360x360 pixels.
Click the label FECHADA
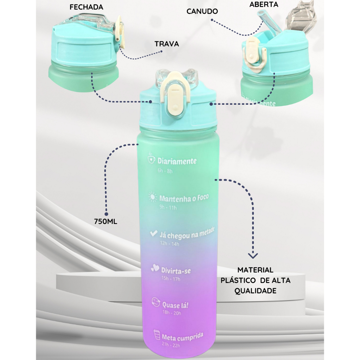pos(86,7)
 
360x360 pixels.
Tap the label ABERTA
pos(264,4)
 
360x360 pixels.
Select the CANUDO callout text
pos(202,11)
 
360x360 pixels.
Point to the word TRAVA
pos(166,44)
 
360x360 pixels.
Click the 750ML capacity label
pos(105,221)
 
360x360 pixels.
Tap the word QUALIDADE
pos(255,291)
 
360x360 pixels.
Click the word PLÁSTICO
pos(238,280)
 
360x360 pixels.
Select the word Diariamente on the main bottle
pos(177,161)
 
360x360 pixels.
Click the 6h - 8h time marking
pos(165,171)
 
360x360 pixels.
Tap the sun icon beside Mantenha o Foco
pos(153,197)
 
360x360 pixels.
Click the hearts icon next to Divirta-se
pos(155,268)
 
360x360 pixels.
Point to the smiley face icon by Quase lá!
pos(156,302)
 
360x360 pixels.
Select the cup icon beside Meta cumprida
pos(157,335)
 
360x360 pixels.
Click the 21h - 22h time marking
pos(171,345)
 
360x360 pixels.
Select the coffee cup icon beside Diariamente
pos(151,158)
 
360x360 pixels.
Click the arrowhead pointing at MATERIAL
pos(253,256)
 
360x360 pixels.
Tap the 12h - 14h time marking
pos(170,243)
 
